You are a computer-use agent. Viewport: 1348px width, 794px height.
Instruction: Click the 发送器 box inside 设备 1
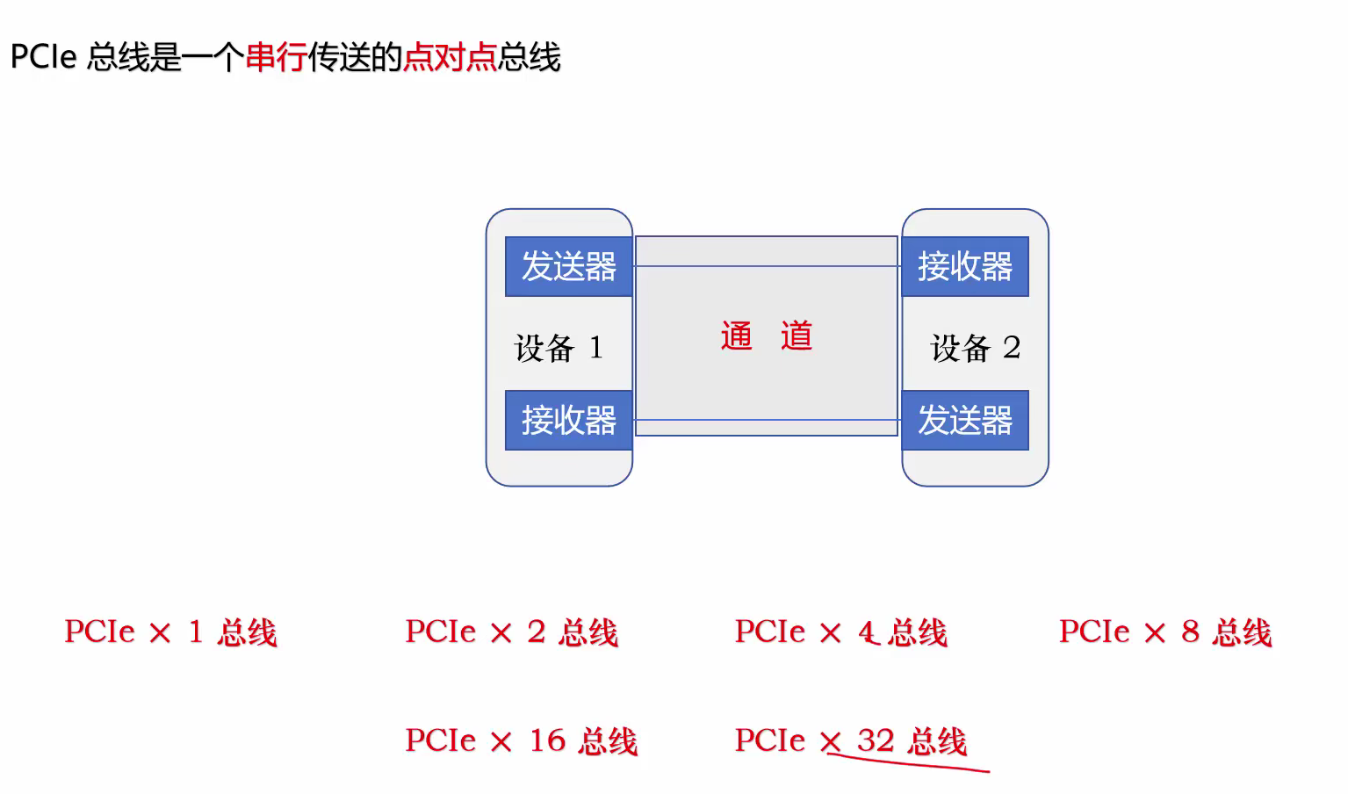pyautogui.click(x=568, y=266)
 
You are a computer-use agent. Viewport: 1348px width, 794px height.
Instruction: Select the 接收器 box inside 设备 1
pyautogui.click(x=568, y=420)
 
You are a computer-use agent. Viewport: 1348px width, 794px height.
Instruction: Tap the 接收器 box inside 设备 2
pyautogui.click(x=964, y=266)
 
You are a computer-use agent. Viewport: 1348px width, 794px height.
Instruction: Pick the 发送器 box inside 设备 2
pyautogui.click(x=964, y=420)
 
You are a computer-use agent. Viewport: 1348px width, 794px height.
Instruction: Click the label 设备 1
pyautogui.click(x=559, y=348)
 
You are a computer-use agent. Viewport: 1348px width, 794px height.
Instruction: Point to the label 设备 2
pyautogui.click(x=975, y=348)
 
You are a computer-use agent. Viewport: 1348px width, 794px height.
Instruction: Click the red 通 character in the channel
pyautogui.click(x=737, y=336)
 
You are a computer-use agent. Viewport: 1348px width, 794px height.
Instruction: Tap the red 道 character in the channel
pyautogui.click(x=797, y=336)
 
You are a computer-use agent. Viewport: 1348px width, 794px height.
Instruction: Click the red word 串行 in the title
pyautogui.click(x=276, y=57)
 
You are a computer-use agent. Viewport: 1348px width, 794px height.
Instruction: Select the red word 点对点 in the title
pyautogui.click(x=450, y=57)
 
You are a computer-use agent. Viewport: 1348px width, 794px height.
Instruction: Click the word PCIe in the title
pyautogui.click(x=44, y=57)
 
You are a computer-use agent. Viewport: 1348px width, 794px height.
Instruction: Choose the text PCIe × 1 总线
pyautogui.click(x=170, y=632)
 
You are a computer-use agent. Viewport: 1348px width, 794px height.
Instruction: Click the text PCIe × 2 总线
pyautogui.click(x=511, y=632)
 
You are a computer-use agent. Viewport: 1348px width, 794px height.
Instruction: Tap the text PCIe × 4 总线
pyautogui.click(x=840, y=632)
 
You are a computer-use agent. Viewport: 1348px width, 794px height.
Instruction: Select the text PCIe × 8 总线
pyautogui.click(x=1164, y=632)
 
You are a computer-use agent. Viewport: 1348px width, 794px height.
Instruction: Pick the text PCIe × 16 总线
pyautogui.click(x=521, y=741)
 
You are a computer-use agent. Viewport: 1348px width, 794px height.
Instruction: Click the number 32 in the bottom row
pyautogui.click(x=875, y=740)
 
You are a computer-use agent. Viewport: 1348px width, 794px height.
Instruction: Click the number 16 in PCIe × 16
pyautogui.click(x=547, y=740)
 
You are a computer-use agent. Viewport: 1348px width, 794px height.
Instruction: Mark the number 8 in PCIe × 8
pyautogui.click(x=1190, y=632)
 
